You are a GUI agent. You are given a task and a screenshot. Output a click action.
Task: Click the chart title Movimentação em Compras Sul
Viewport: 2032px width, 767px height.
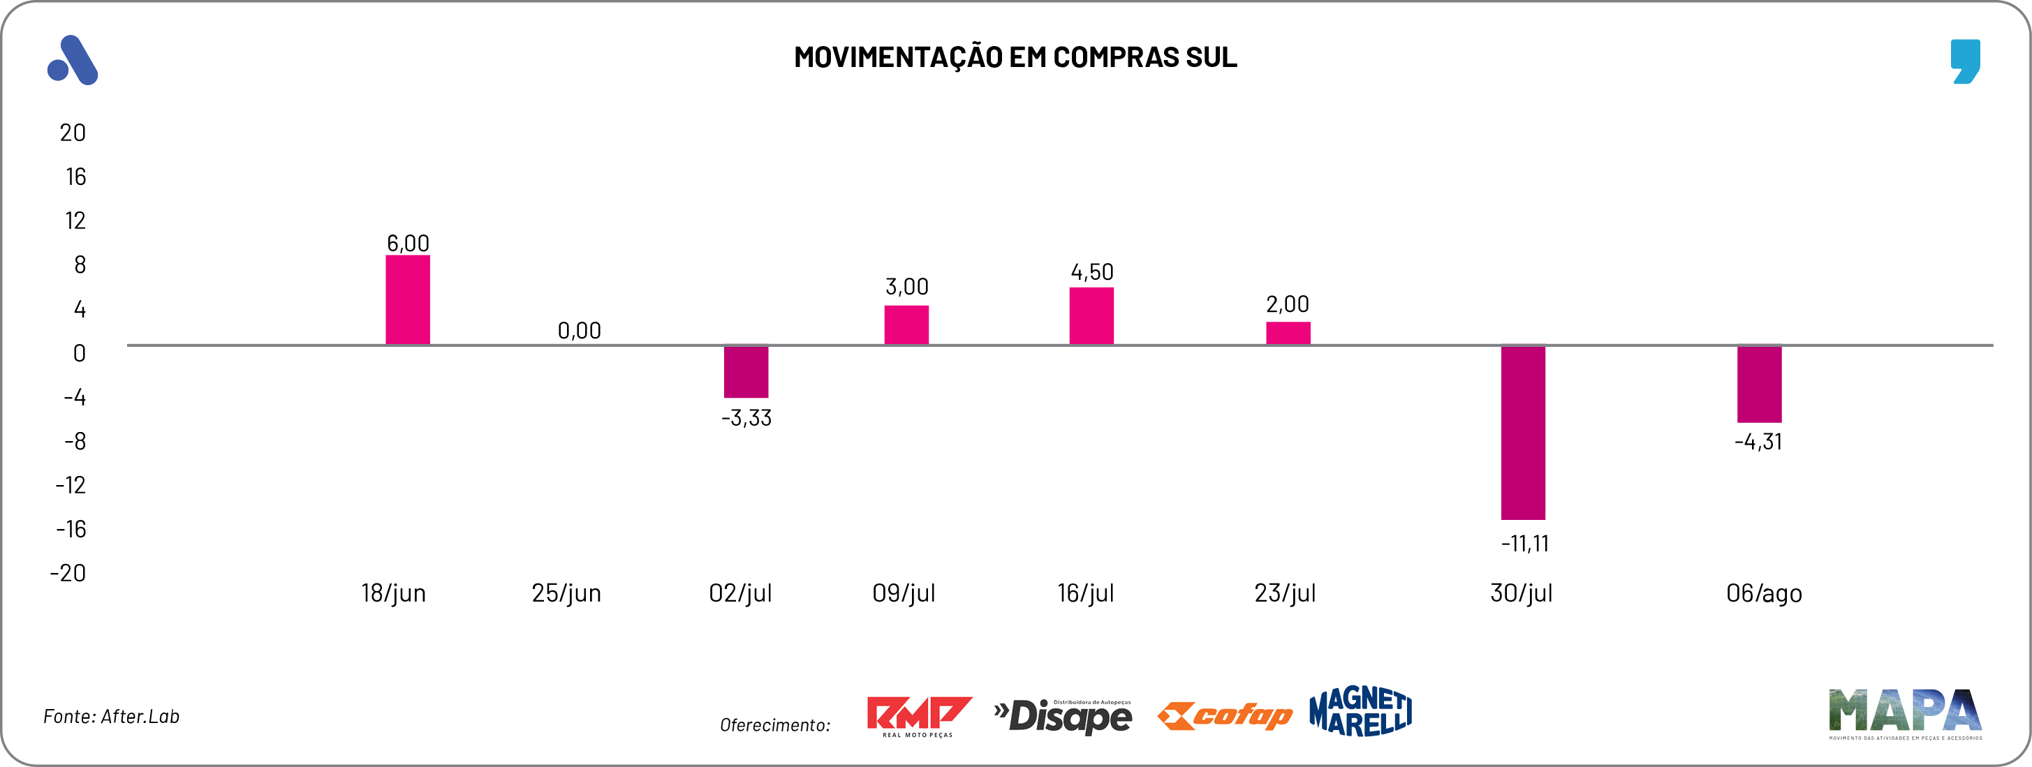(1015, 57)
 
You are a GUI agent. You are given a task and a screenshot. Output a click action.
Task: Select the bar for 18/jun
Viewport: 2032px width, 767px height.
(407, 300)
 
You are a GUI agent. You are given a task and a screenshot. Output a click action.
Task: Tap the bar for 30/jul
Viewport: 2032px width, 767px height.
(1522, 432)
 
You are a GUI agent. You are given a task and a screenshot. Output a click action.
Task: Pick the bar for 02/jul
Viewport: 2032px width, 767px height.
(746, 371)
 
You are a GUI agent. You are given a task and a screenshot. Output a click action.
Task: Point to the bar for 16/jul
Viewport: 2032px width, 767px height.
(1091, 316)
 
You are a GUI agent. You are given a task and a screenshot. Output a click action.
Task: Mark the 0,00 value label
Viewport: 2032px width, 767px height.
(579, 331)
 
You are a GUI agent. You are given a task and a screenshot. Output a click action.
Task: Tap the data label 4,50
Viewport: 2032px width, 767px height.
(1091, 273)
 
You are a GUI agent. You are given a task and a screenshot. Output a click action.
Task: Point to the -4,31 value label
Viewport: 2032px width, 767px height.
(1758, 442)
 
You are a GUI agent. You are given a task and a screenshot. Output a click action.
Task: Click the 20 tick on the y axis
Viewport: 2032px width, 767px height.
(73, 133)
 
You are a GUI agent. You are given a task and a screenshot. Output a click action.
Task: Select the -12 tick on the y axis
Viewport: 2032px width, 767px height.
(71, 486)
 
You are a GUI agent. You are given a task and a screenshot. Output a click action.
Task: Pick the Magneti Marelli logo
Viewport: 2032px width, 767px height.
(1360, 711)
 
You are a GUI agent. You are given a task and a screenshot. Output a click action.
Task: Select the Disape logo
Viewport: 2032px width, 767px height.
(1063, 717)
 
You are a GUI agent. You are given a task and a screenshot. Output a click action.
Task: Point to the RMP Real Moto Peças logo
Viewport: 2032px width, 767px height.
(918, 716)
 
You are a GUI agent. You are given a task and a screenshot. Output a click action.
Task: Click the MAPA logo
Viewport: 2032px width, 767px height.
(1904, 713)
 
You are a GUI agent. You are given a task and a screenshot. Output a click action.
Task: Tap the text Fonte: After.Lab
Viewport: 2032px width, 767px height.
(111, 717)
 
